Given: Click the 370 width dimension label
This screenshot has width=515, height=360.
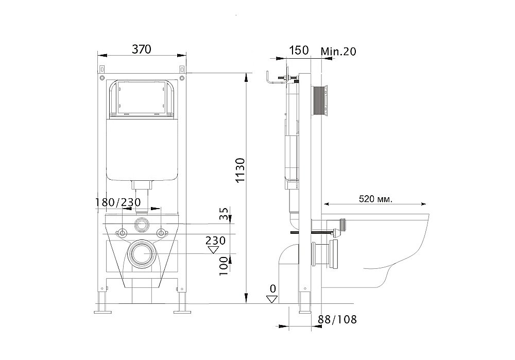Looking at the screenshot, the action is (142, 49).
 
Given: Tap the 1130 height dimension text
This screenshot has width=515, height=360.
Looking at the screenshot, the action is (241, 170).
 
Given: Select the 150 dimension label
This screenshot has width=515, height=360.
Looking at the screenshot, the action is (299, 50).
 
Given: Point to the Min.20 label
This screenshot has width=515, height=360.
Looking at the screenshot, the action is (338, 51).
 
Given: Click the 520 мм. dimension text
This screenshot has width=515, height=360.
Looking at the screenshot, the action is (375, 199).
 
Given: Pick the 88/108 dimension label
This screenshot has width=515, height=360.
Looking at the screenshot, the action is (337, 319).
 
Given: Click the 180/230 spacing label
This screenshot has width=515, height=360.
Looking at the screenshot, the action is (118, 202).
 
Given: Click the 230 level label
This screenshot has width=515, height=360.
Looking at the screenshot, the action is (215, 241).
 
